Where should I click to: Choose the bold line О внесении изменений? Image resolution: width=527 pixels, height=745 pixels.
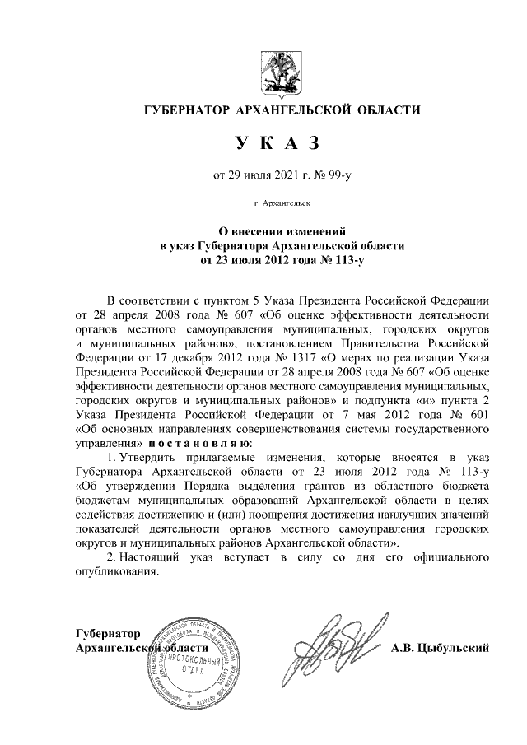271,231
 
